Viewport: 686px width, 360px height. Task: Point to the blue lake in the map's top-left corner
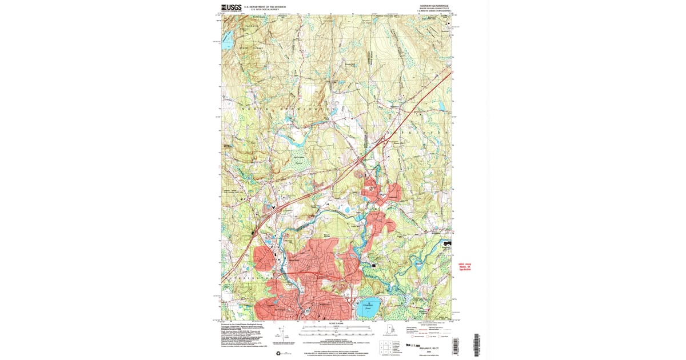point(228,41)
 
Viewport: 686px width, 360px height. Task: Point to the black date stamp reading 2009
point(416,345)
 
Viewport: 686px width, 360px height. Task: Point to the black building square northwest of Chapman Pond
point(374,265)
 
